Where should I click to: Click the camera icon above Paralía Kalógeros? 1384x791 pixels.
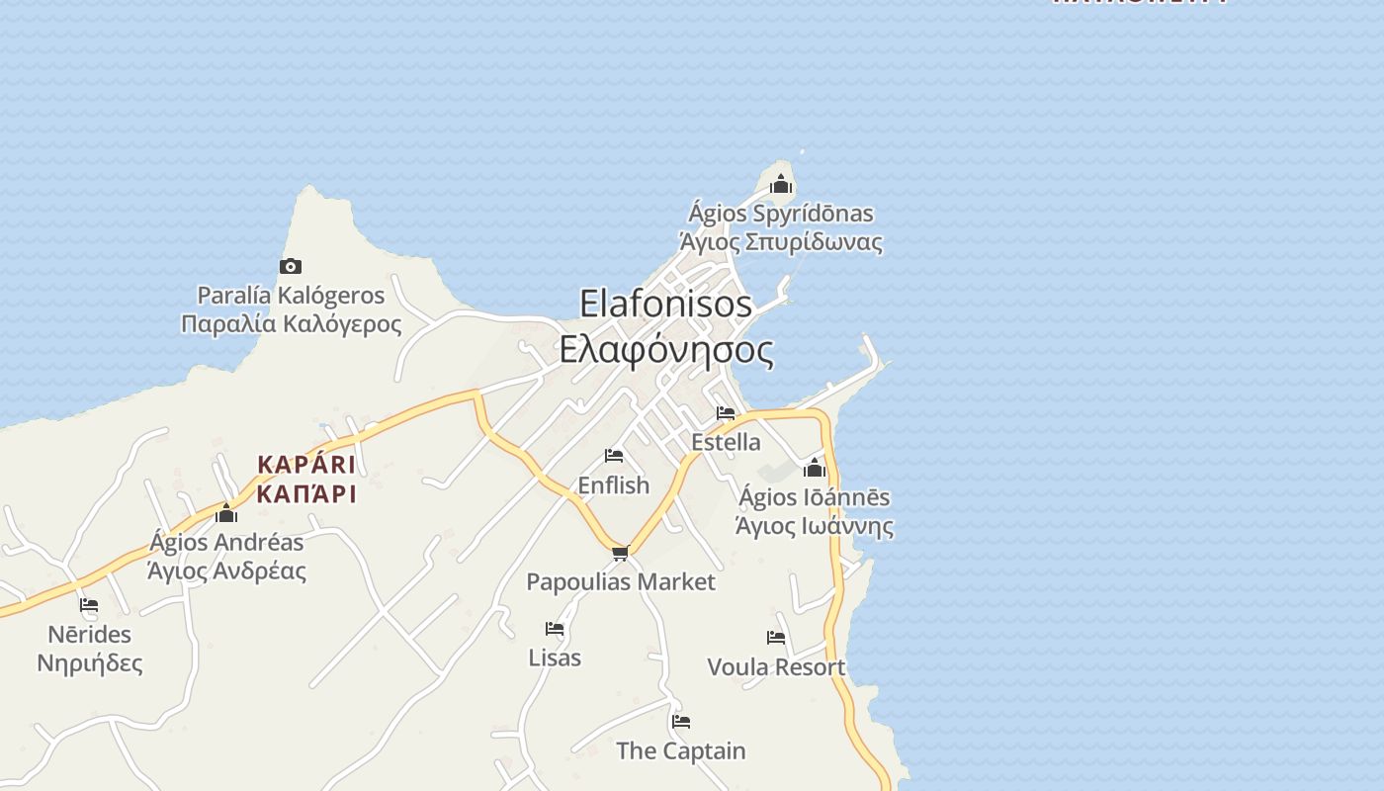(x=290, y=266)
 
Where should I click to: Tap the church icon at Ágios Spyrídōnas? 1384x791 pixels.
(x=781, y=184)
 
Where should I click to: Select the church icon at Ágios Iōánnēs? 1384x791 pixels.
(x=815, y=468)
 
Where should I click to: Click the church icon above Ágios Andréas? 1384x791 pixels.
(x=226, y=512)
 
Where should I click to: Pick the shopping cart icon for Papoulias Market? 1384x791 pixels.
(x=620, y=553)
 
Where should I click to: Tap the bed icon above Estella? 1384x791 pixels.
(x=726, y=413)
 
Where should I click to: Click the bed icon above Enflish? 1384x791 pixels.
(x=614, y=456)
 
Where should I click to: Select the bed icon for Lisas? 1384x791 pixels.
(x=555, y=629)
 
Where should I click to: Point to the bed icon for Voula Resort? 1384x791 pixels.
(x=776, y=638)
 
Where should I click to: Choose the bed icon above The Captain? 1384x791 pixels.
(x=680, y=722)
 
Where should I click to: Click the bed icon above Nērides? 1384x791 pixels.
(x=89, y=605)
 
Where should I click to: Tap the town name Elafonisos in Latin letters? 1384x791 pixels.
(x=665, y=304)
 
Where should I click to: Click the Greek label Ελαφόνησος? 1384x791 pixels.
(x=665, y=350)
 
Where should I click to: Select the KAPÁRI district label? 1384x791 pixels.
(x=305, y=465)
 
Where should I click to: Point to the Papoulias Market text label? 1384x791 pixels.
(x=620, y=581)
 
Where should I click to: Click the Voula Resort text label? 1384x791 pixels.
(x=776, y=667)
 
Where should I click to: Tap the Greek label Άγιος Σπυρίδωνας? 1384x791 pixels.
(x=780, y=242)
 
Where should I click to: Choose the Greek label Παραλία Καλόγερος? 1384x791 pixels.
(x=291, y=324)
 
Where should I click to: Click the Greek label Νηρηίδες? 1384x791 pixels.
(x=89, y=662)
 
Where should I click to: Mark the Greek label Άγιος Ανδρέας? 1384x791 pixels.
(x=226, y=571)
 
